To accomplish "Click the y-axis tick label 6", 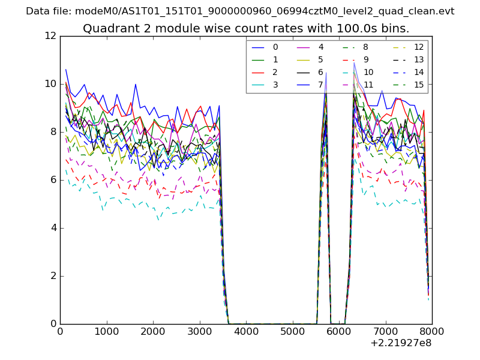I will coord(53,180).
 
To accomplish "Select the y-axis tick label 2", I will coord(53,276).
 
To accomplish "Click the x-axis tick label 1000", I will coord(106,331).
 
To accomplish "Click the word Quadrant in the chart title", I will coord(109,29).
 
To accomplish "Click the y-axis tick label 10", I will coord(50,84).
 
